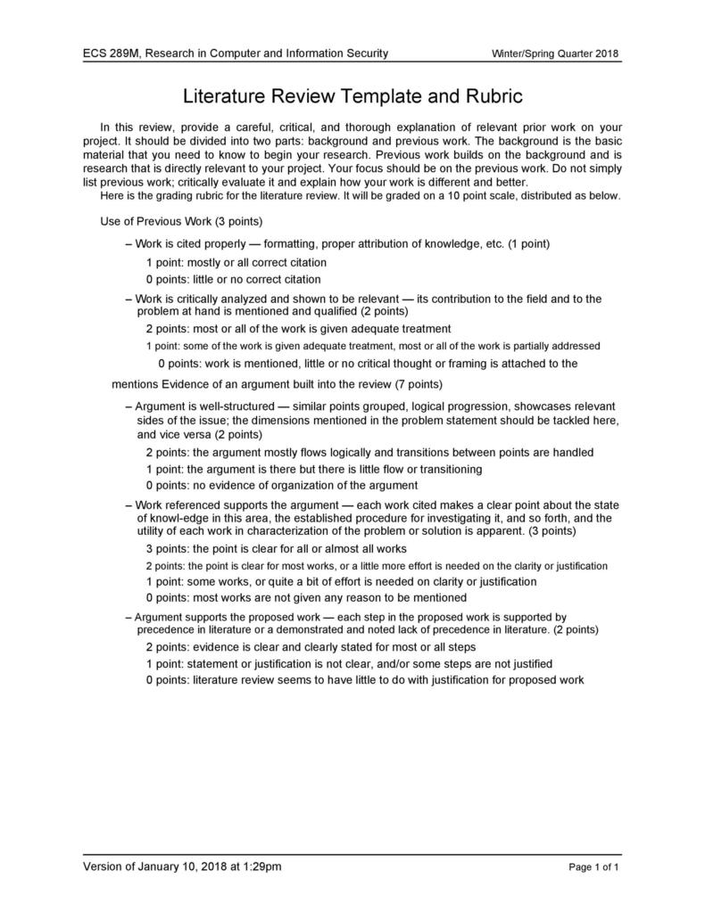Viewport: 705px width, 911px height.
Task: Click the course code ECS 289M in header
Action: pos(111,53)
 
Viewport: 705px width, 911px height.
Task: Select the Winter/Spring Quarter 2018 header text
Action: pos(556,54)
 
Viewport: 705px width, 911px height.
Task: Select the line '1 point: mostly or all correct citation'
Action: pos(236,262)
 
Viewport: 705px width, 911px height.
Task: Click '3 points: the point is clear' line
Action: pos(276,548)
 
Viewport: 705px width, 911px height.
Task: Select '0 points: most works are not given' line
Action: pos(306,597)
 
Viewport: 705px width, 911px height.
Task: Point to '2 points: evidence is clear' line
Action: pos(311,646)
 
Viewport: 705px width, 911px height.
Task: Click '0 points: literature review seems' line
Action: pos(364,680)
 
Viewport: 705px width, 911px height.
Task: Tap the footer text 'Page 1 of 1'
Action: pos(593,866)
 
